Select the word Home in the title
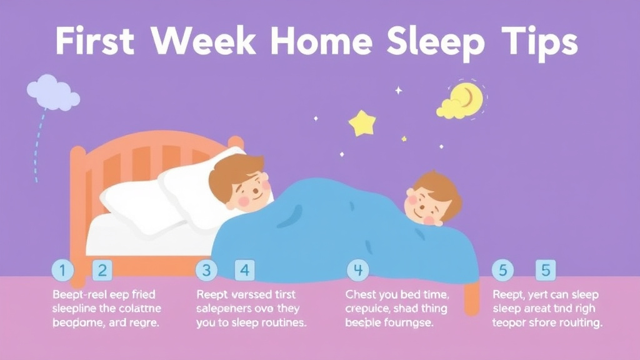pos(324,42)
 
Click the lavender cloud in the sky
pos(52,92)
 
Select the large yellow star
pos(362,122)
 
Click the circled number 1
pos(62,271)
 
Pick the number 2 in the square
pos(102,271)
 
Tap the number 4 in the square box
pos(245,271)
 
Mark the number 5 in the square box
pos(546,270)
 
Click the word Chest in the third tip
pos(361,294)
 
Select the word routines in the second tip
pos(277,323)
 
